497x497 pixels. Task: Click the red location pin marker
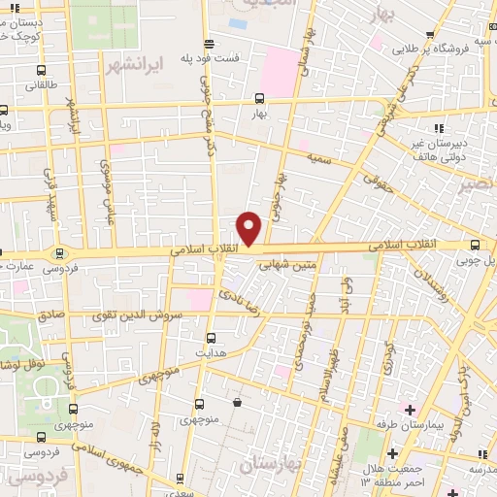coord(249,228)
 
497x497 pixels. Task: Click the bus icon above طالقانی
coord(40,70)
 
